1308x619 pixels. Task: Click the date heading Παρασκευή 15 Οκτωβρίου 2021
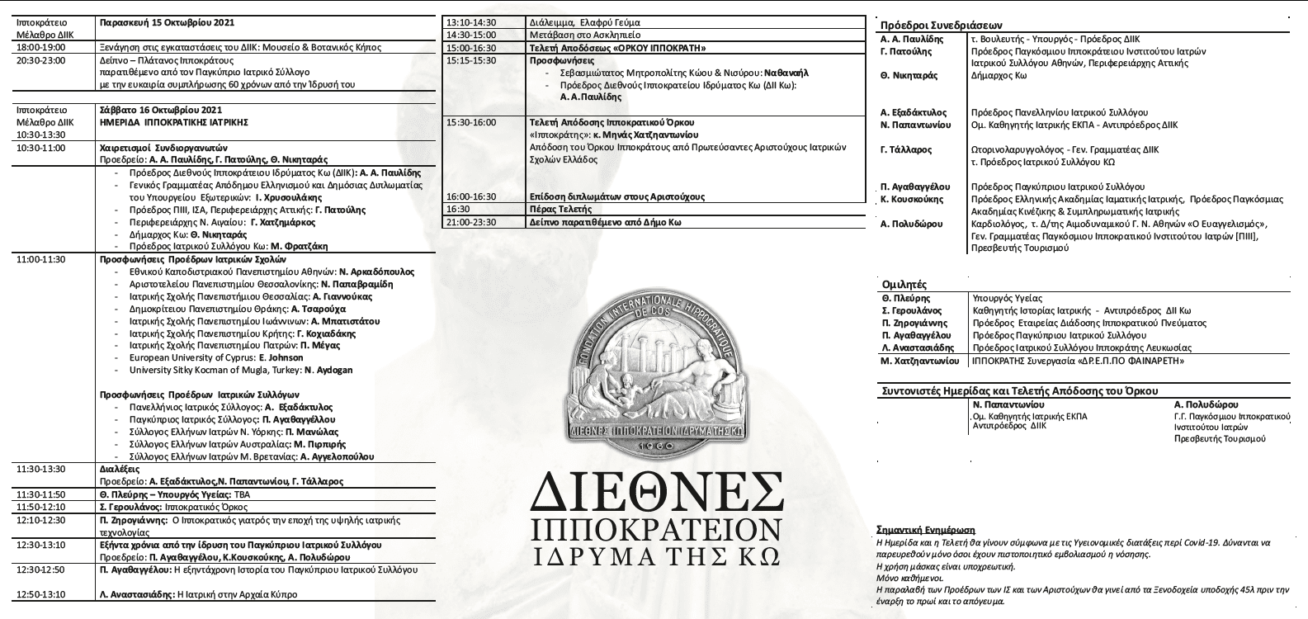pyautogui.click(x=163, y=22)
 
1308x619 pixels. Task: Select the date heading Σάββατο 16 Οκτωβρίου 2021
pyautogui.click(x=159, y=109)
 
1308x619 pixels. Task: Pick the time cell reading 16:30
pyautogui.click(x=458, y=210)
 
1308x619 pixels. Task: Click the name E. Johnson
pyautogui.click(x=281, y=357)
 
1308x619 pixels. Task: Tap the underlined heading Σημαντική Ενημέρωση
pyautogui.click(x=926, y=530)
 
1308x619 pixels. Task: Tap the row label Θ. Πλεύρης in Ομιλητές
pyautogui.click(x=905, y=298)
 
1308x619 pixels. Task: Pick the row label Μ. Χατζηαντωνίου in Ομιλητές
pyautogui.click(x=920, y=361)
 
